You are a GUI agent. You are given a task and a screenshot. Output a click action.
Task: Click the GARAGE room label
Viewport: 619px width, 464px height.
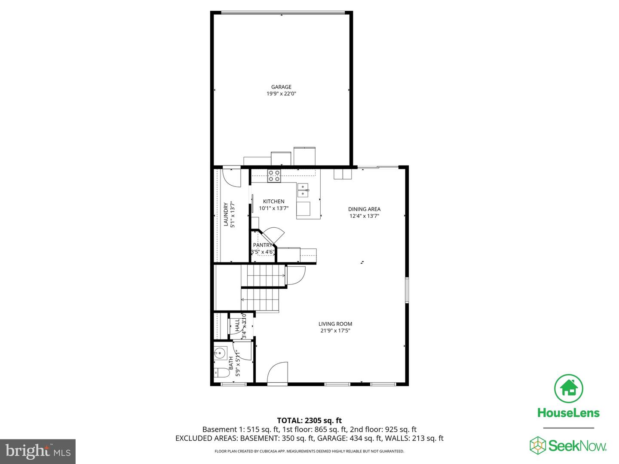pos(281,87)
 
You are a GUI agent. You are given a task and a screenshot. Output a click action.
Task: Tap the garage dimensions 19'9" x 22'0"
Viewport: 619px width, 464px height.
pos(281,94)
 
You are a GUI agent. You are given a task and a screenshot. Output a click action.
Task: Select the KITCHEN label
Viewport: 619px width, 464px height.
pos(274,201)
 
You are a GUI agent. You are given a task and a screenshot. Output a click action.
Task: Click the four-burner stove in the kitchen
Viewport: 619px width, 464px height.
pos(274,176)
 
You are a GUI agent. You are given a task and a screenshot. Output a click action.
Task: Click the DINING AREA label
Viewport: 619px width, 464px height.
pos(364,209)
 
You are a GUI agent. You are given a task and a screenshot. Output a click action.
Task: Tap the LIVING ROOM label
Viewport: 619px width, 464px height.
pos(335,324)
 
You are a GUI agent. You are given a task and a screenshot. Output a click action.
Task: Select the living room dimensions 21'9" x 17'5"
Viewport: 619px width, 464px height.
pos(335,331)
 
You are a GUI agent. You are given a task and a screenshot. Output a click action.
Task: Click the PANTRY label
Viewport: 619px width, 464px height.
pos(262,245)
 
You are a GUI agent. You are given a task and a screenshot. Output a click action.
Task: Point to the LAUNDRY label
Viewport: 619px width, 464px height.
pos(226,214)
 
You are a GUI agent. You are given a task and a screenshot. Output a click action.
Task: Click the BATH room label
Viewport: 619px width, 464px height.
pos(231,363)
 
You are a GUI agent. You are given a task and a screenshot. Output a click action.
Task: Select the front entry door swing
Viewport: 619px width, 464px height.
pos(277,372)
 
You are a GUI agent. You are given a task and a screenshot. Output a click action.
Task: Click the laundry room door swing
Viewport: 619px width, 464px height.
pos(233,177)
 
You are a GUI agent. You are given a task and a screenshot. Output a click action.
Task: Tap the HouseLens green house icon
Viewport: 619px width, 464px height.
pos(569,388)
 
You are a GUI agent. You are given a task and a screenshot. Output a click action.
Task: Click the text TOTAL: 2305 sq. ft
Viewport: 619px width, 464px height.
pos(309,421)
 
